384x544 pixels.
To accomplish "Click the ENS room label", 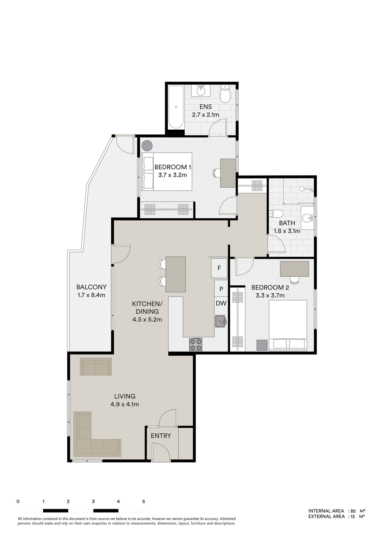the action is (x=205, y=107).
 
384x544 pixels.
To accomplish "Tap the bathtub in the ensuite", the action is (x=176, y=107).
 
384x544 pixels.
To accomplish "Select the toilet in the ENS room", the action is (x=225, y=94).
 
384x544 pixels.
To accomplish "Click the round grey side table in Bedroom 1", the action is (x=147, y=146).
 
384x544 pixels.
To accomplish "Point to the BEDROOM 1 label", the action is (x=173, y=167).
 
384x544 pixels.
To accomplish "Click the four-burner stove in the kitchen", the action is (x=196, y=344).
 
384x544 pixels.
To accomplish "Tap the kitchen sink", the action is (x=220, y=321).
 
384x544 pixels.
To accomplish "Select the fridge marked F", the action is (x=219, y=268).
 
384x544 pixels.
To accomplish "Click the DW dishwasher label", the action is (x=221, y=303).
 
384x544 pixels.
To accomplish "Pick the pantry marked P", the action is (x=221, y=289).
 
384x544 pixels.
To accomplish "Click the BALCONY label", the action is (x=91, y=287).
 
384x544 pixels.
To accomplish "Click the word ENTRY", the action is (x=161, y=436).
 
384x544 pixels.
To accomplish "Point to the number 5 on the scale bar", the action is (x=143, y=501).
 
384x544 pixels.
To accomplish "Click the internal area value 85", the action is (x=353, y=511).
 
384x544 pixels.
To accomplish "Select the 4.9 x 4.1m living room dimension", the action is (x=125, y=404).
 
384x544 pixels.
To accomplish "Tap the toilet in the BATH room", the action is (x=276, y=213).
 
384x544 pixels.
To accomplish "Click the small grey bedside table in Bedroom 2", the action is (x=262, y=345).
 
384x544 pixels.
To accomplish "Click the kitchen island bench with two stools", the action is (x=176, y=274).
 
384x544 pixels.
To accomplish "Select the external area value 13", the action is (x=352, y=517).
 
